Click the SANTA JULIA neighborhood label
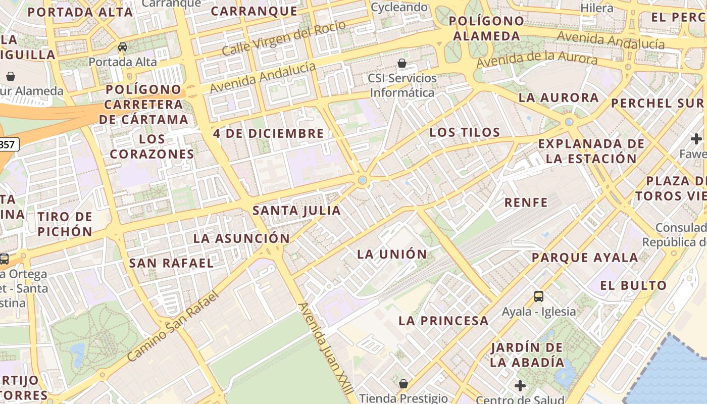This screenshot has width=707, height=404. pos(296,211)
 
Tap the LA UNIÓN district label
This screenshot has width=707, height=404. pos(392,254)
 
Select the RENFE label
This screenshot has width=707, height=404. pos(526,203)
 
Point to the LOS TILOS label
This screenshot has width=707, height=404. pos(465,133)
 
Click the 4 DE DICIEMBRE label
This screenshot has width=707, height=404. pos(268,134)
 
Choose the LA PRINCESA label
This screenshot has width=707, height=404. pos(443,321)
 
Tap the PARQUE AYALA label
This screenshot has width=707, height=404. pos(585,258)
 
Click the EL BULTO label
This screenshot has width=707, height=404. pos(633,285)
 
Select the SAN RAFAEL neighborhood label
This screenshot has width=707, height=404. pos(172,263)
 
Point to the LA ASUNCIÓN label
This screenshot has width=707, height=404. pos(242,238)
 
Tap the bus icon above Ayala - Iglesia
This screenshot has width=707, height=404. pos(539,296)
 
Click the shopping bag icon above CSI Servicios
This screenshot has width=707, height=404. pos(402,63)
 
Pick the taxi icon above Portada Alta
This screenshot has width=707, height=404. pos(122,47)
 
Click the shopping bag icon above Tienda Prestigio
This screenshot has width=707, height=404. pos(403,384)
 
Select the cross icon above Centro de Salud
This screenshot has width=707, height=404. pos(520,386)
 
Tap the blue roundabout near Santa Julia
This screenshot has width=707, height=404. pos(362,180)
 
